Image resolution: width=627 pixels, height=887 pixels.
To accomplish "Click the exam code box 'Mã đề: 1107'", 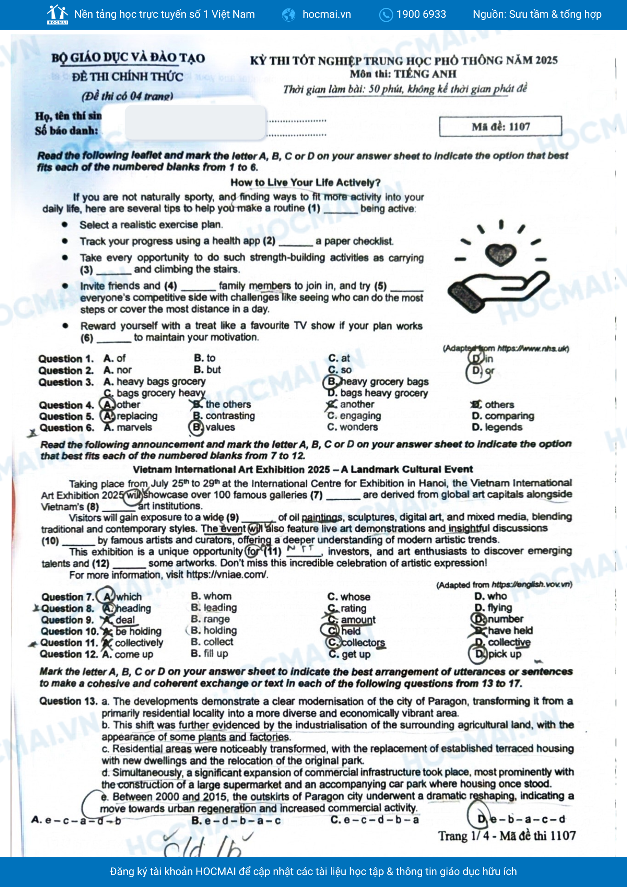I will click(x=500, y=127).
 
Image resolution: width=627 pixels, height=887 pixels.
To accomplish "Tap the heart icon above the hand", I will click(x=501, y=254).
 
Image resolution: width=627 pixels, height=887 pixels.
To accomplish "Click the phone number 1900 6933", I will click(x=421, y=14).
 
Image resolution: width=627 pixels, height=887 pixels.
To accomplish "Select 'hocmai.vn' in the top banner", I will click(x=326, y=14).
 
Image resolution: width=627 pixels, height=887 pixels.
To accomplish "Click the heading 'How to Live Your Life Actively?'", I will click(x=305, y=182).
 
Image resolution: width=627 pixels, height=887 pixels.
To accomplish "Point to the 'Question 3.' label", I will click(x=66, y=382).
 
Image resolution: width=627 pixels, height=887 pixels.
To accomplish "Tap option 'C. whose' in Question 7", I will click(x=349, y=597).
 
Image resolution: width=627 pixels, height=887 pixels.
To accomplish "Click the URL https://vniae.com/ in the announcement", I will click(x=227, y=575).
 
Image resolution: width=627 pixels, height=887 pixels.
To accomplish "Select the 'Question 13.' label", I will click(x=68, y=701).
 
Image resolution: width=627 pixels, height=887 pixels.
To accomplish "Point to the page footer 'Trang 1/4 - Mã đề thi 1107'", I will click(x=507, y=836).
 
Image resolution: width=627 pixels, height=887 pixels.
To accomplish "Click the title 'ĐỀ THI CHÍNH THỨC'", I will click(x=127, y=77).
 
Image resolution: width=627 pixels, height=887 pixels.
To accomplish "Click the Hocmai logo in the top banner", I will click(x=58, y=14).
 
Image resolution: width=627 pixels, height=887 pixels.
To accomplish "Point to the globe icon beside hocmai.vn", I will click(x=289, y=15).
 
